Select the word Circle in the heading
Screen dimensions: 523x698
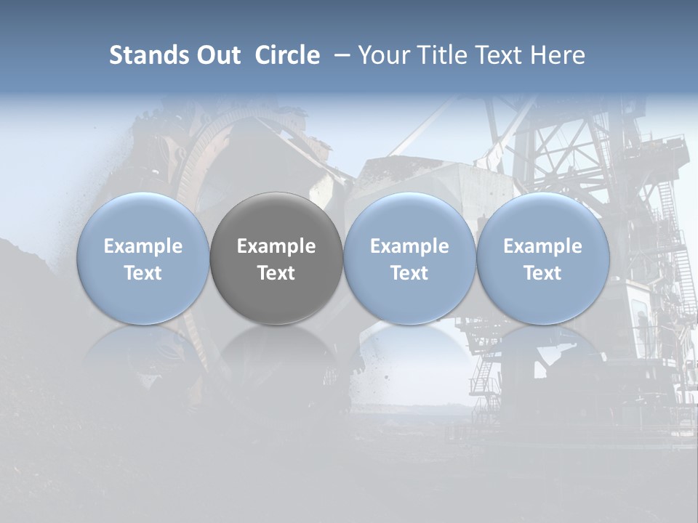coord(287,55)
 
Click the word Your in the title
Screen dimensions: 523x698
coord(381,55)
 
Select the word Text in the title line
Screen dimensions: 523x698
coord(496,55)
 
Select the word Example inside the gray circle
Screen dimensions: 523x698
coord(276,246)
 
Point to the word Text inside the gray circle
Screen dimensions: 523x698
coord(276,273)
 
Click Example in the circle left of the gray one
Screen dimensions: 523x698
coord(143,246)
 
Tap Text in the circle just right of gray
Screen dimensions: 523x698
coord(409,273)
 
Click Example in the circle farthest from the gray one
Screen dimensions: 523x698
coord(542,246)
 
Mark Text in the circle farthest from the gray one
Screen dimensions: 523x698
coord(542,273)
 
